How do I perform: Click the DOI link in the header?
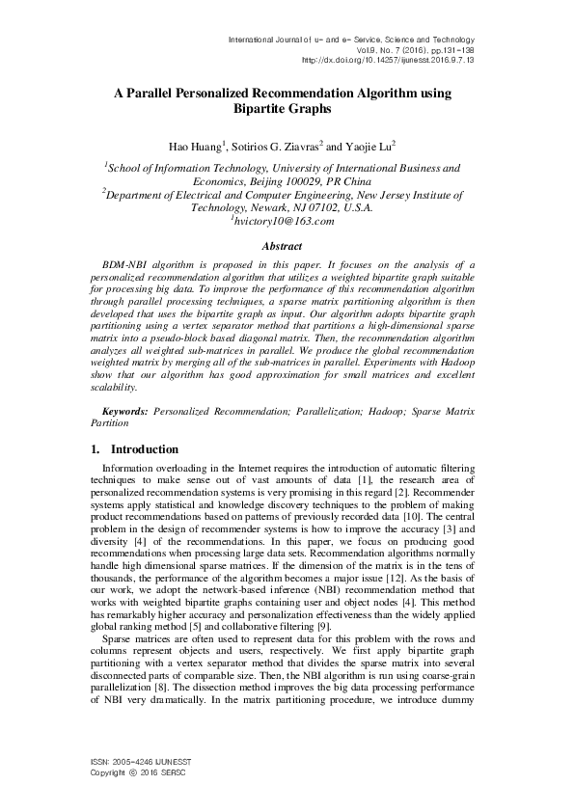coord(388,59)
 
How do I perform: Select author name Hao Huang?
coord(196,146)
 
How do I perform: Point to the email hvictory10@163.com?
coord(284,221)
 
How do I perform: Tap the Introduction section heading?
coord(145,449)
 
